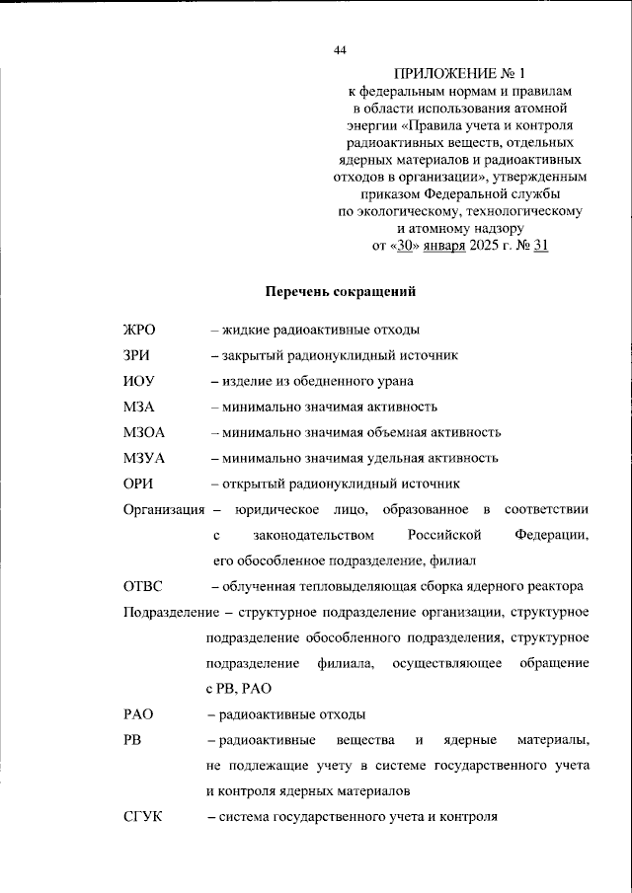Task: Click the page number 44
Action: tap(340, 50)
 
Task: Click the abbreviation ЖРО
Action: tap(140, 330)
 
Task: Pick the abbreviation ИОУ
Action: tap(139, 381)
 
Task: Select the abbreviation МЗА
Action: tap(139, 407)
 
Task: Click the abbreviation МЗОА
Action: tap(144, 432)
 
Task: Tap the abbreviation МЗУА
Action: tap(144, 458)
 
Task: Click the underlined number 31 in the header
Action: tap(540, 246)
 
